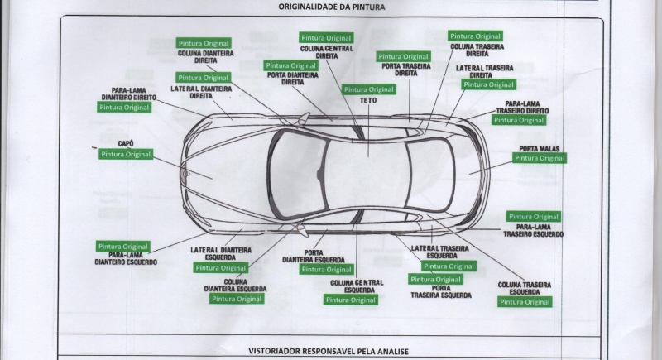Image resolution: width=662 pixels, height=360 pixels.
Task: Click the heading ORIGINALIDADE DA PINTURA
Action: tap(331, 7)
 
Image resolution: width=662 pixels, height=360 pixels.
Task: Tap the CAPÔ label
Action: tap(126, 144)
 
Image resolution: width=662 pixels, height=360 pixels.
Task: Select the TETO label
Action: tap(368, 100)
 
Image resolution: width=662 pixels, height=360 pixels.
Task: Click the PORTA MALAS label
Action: tap(540, 148)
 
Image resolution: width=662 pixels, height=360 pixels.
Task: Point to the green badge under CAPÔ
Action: tap(126, 155)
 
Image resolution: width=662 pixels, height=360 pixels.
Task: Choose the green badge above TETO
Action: tap(369, 89)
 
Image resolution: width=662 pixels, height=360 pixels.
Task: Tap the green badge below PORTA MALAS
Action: tap(540, 158)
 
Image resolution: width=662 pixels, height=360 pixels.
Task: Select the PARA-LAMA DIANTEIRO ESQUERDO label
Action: tap(126, 258)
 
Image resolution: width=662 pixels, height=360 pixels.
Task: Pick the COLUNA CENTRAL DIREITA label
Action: tap(327, 52)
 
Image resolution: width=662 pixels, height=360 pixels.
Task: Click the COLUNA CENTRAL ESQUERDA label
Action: tap(357, 286)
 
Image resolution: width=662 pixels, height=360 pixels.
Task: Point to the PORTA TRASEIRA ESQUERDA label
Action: tap(441, 291)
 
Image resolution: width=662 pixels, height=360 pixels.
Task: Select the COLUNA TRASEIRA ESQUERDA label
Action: tap(525, 289)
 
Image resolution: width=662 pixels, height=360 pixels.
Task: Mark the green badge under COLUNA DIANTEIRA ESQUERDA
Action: tap(237, 299)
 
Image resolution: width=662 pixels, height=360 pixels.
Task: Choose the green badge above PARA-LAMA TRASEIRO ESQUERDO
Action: tap(534, 217)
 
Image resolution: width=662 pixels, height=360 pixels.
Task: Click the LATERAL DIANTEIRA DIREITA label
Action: tap(201, 92)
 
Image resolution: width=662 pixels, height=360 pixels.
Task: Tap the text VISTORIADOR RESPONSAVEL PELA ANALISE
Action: tap(329, 351)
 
